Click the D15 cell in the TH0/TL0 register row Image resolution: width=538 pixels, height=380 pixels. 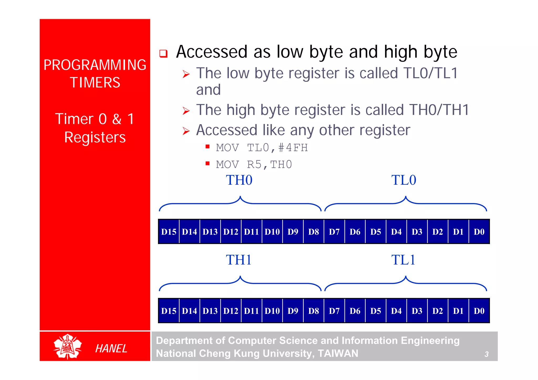(x=169, y=232)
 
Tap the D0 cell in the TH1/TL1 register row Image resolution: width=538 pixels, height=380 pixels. (x=479, y=311)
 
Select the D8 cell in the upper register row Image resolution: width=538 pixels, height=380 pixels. (x=313, y=232)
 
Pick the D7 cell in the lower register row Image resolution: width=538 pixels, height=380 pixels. (x=334, y=311)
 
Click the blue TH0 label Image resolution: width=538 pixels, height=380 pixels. (x=239, y=180)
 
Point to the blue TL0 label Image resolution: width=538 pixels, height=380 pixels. (x=404, y=180)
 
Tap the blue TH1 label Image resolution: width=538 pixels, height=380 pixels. (x=239, y=260)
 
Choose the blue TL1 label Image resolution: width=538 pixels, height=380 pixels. (x=403, y=260)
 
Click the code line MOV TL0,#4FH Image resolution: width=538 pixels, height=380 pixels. (x=262, y=148)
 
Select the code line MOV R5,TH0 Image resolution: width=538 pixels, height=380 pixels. (x=254, y=165)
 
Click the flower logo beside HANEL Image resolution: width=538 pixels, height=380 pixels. (x=68, y=346)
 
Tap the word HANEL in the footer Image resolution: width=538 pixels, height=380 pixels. (x=111, y=349)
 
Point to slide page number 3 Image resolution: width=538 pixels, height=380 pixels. (x=487, y=354)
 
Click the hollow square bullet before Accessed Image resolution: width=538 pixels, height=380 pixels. (x=163, y=54)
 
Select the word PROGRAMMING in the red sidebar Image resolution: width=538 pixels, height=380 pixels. (x=95, y=65)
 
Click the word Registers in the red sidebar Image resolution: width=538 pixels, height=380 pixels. (x=95, y=137)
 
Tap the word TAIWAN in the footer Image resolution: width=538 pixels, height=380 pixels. (x=338, y=353)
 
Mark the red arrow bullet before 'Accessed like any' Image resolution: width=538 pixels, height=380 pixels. (x=186, y=131)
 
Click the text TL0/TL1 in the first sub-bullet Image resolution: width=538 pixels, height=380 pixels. (x=431, y=73)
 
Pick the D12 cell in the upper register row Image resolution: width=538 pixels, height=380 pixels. (x=231, y=232)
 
